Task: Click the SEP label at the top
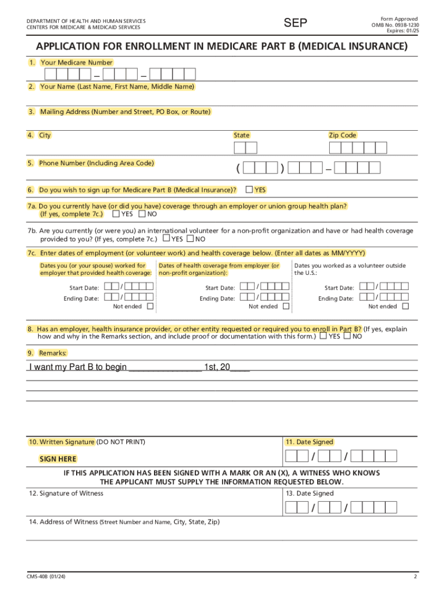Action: pos(296,23)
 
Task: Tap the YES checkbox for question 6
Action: pos(249,189)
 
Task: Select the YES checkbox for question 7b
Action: pos(166,239)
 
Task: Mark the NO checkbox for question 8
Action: pos(347,335)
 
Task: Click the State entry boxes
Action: pos(245,148)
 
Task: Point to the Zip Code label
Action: pos(343,135)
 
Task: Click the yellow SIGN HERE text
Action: pos(58,459)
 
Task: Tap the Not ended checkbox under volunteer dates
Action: pos(405,307)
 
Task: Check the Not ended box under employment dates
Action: pos(150,307)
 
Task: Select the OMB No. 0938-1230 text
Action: pos(395,25)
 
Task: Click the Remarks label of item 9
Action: pos(52,353)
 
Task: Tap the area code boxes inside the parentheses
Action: pos(260,168)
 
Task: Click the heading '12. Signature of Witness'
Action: pos(66,493)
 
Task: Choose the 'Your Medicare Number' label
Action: pos(76,62)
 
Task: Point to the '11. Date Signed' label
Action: pos(309,442)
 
